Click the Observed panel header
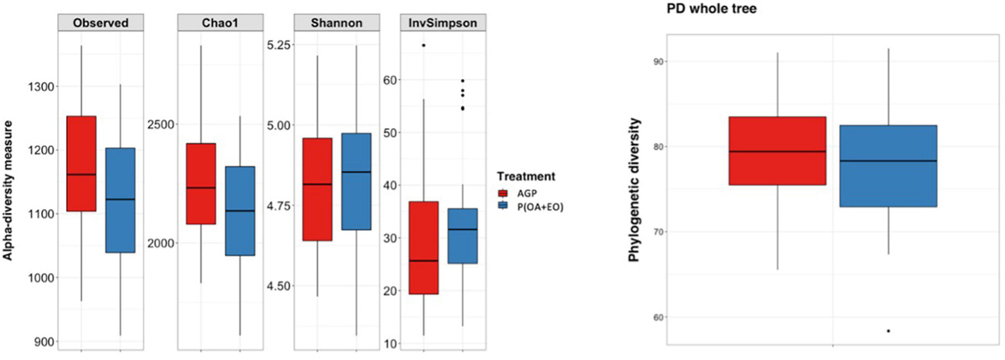coord(100,23)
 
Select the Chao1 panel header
coord(220,23)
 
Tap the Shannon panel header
coord(336,23)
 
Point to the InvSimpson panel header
coord(442,23)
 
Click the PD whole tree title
coord(711,9)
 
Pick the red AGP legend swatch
coord(502,193)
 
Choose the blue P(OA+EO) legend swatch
coord(502,206)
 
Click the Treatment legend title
coord(526,176)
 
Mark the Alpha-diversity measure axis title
coord(8,190)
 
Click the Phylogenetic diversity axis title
coord(634,190)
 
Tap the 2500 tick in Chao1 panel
coord(161,125)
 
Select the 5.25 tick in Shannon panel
coord(278,45)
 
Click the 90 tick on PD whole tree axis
coord(658,61)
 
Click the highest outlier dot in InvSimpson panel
coord(424,45)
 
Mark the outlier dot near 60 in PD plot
coord(888,331)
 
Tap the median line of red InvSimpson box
coord(424,261)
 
